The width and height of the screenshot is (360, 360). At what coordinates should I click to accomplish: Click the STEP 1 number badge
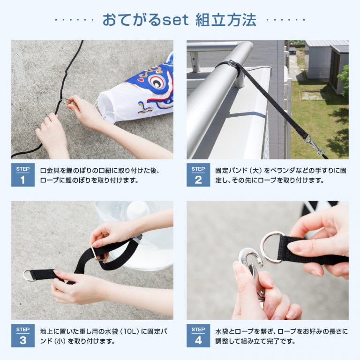point(23,175)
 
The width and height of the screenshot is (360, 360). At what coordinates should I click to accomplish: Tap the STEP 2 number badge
point(198,175)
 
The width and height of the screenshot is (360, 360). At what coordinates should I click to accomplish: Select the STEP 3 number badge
point(23,336)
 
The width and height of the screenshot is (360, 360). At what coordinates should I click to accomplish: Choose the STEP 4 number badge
point(198,336)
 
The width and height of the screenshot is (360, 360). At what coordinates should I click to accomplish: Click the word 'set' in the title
point(175,20)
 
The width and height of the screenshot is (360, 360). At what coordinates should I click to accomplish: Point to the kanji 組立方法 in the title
point(225,20)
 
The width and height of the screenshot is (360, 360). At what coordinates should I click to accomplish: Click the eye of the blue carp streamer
point(157,81)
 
